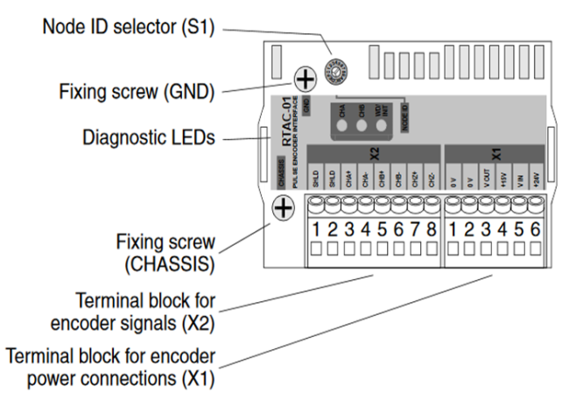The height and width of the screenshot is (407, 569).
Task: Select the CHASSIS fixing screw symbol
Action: tap(282, 209)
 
